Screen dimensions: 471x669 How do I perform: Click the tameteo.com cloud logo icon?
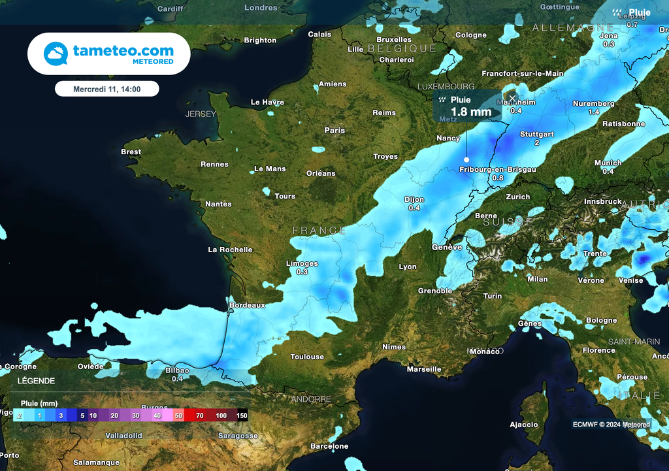(x=56, y=53)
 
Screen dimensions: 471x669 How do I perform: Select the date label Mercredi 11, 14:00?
(x=107, y=88)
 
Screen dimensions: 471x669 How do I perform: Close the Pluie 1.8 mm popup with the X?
(x=513, y=98)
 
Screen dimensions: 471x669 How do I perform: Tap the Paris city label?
(x=334, y=130)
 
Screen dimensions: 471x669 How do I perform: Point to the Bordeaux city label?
(x=248, y=305)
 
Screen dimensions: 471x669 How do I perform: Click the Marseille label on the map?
(x=424, y=369)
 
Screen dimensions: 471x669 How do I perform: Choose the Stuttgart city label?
(x=536, y=134)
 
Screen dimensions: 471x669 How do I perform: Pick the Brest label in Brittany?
(x=131, y=152)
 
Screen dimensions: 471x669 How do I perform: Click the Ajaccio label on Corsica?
(x=524, y=425)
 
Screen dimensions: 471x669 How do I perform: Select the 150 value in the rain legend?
(x=242, y=415)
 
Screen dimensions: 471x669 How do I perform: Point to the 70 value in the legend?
(x=199, y=415)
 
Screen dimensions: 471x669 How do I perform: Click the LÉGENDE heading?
(x=36, y=381)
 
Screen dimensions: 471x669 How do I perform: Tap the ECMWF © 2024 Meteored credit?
(x=612, y=425)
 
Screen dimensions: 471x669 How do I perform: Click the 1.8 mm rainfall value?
(x=471, y=112)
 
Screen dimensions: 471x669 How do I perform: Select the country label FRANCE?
(x=319, y=230)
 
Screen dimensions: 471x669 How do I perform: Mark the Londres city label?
(x=261, y=8)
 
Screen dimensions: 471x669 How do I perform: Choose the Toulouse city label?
(x=307, y=357)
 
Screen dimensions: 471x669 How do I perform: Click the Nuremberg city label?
(x=593, y=103)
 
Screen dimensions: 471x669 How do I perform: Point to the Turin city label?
(x=493, y=296)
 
